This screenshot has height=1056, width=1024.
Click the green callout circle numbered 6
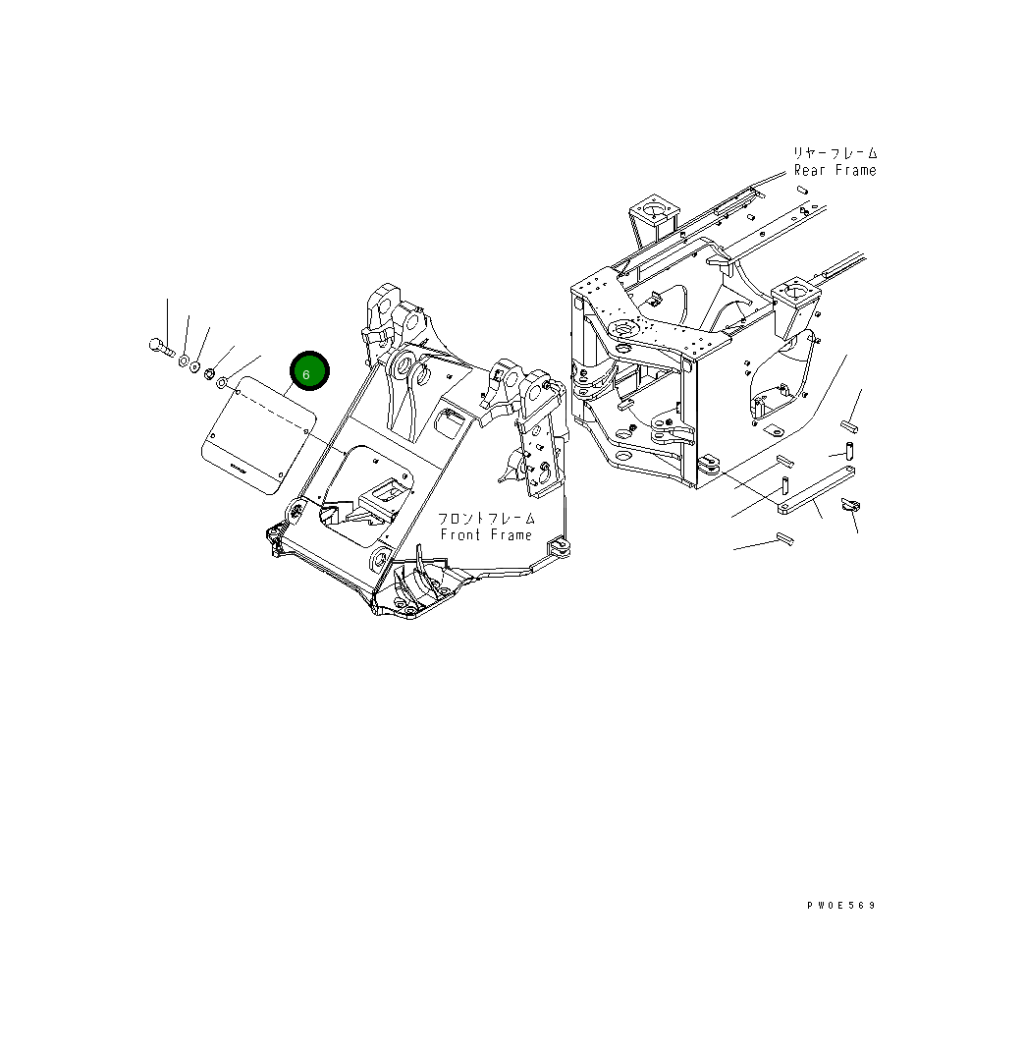(x=308, y=373)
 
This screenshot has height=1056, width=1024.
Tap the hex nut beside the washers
(x=208, y=371)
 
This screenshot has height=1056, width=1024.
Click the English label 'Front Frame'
(x=486, y=535)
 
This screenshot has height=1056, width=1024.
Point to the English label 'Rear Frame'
(x=835, y=171)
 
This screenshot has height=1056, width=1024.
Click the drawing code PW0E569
(x=841, y=906)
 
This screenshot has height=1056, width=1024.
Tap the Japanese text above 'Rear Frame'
(x=835, y=153)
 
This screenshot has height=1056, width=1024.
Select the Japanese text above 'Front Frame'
(x=487, y=518)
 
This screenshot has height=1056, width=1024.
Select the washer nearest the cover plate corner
(x=222, y=381)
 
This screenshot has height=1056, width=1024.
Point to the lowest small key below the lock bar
(x=783, y=537)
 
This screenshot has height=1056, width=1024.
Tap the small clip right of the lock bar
(x=850, y=505)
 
